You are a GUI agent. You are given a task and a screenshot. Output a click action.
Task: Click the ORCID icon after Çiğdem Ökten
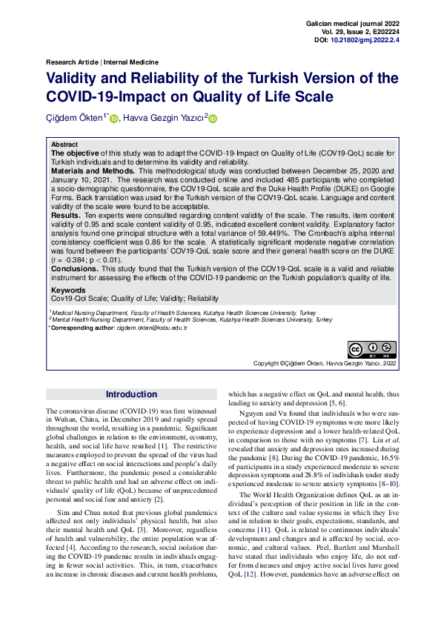(x=114, y=119)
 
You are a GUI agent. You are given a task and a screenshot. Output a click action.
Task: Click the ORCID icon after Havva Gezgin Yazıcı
(x=213, y=119)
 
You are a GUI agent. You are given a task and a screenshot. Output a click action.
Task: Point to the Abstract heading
(x=64, y=145)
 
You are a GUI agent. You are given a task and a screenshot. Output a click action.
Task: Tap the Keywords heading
(x=67, y=290)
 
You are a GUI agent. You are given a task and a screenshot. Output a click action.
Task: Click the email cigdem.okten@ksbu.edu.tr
(x=143, y=327)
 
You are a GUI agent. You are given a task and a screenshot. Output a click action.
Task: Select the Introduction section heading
(x=131, y=394)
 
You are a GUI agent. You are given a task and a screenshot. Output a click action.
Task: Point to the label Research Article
(x=73, y=62)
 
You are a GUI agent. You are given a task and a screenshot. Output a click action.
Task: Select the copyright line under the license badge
(x=325, y=364)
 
